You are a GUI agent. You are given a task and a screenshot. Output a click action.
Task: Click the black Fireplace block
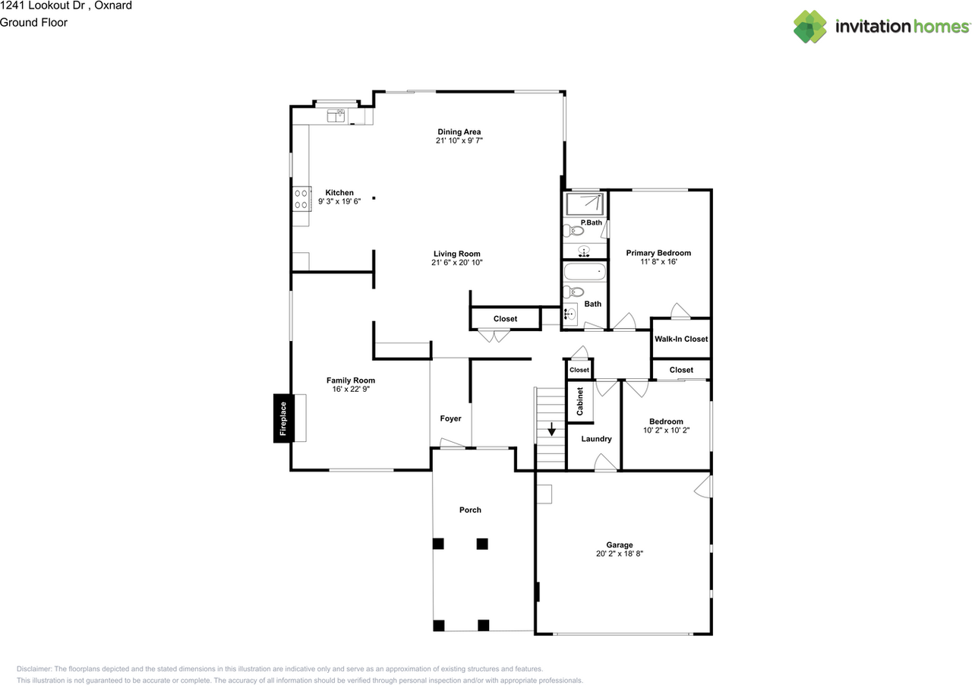[283, 418]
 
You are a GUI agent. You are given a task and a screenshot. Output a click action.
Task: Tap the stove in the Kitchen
[301, 199]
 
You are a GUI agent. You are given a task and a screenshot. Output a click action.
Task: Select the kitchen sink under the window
[336, 115]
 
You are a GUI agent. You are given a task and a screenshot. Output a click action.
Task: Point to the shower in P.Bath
[585, 204]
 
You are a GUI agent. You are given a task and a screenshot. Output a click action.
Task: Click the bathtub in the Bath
[585, 272]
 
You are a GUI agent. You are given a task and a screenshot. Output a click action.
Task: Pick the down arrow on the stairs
[551, 429]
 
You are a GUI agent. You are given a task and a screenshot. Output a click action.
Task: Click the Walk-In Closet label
[681, 339]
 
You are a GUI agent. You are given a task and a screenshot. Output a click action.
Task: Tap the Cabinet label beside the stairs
[579, 402]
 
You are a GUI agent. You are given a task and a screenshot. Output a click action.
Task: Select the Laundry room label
[596, 439]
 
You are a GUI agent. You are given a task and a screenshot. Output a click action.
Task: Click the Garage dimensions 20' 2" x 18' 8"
[619, 554]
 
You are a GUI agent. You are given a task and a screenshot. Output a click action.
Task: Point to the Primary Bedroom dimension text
[658, 262]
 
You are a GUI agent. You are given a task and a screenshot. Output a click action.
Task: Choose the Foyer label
[450, 418]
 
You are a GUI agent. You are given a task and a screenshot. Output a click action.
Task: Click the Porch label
[470, 510]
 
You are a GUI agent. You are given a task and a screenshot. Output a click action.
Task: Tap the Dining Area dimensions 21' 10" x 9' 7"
[459, 140]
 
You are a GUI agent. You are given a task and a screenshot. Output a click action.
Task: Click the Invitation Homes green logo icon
[809, 27]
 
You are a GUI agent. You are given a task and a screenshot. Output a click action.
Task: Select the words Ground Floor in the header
[33, 23]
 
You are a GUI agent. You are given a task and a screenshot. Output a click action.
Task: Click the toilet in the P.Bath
[573, 230]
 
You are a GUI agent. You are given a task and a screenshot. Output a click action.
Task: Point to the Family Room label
[351, 380]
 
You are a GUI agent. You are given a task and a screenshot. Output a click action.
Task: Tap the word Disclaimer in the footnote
[34, 669]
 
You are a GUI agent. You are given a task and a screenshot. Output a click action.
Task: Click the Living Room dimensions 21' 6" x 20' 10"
[457, 263]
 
